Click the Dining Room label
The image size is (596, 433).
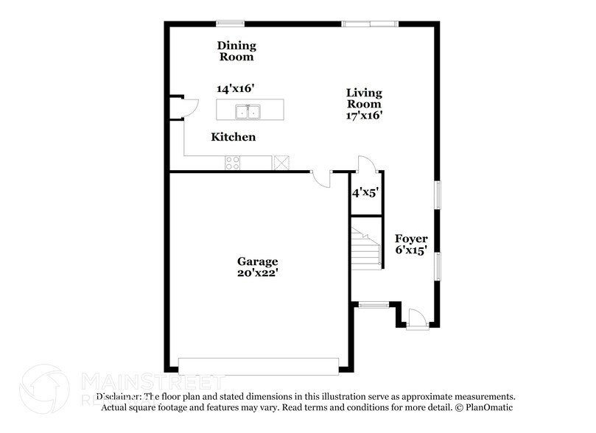(x=236, y=51)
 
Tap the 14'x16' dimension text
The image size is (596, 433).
(x=235, y=88)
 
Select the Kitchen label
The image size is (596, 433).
(x=234, y=137)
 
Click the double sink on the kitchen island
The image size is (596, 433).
(x=248, y=112)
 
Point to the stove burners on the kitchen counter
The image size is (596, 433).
(x=233, y=162)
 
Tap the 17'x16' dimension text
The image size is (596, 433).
(x=365, y=116)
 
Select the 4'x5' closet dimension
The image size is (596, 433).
(x=365, y=193)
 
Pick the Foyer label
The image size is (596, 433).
(x=411, y=239)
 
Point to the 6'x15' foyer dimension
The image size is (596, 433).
(x=411, y=250)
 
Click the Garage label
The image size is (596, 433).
(x=257, y=261)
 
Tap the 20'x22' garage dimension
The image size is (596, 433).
(x=257, y=273)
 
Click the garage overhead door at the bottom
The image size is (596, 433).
(x=259, y=365)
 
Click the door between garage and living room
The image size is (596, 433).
(x=321, y=177)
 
